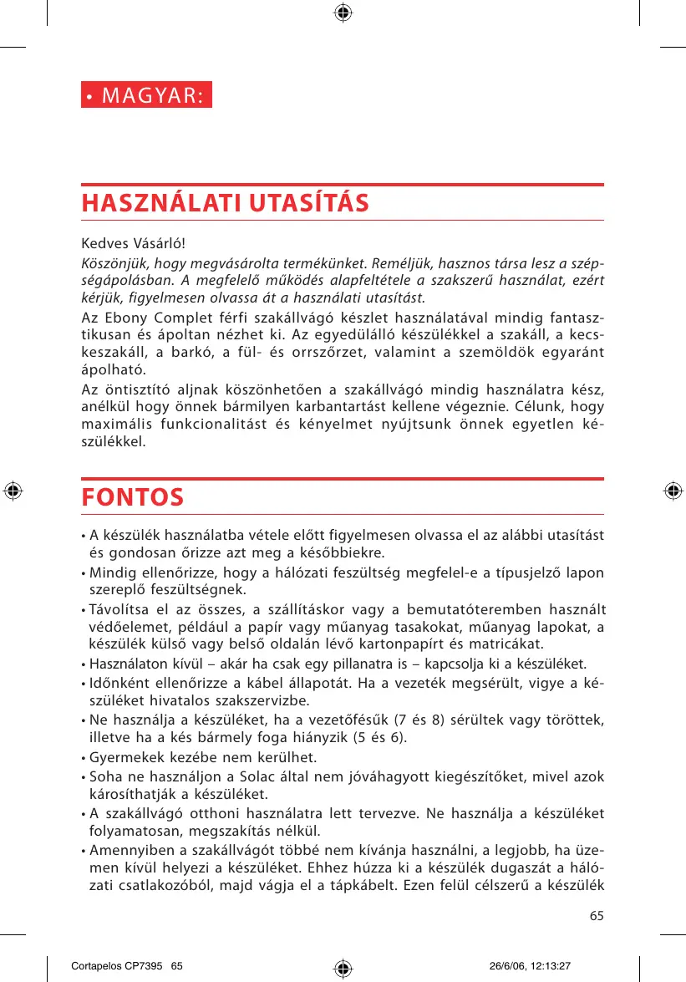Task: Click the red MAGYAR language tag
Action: click(x=147, y=94)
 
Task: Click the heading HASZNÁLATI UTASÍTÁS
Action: click(x=226, y=203)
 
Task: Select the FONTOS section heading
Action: click(x=133, y=497)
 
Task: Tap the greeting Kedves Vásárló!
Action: click(x=133, y=244)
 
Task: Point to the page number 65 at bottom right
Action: click(x=596, y=916)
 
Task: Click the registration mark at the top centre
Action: click(x=343, y=13)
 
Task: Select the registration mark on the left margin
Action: click(x=13, y=491)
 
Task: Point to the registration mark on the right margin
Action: click(x=673, y=491)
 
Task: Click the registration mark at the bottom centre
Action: click(x=343, y=968)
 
